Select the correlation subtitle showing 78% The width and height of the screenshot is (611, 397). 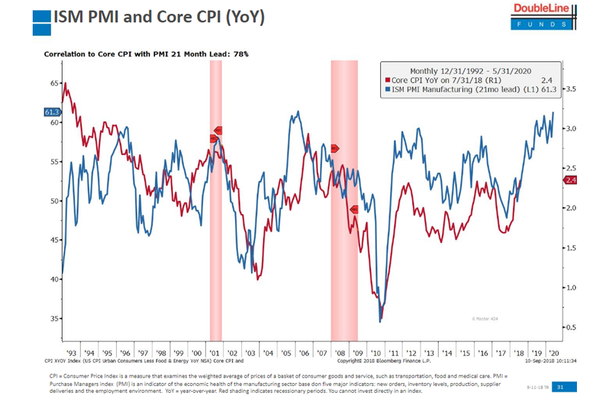pos(146,54)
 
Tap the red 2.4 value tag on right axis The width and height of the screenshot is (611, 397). pos(569,180)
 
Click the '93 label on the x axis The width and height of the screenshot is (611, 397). pos(71,353)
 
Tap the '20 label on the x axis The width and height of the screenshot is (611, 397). pos(553,353)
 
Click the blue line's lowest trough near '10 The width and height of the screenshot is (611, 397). pos(380,321)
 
